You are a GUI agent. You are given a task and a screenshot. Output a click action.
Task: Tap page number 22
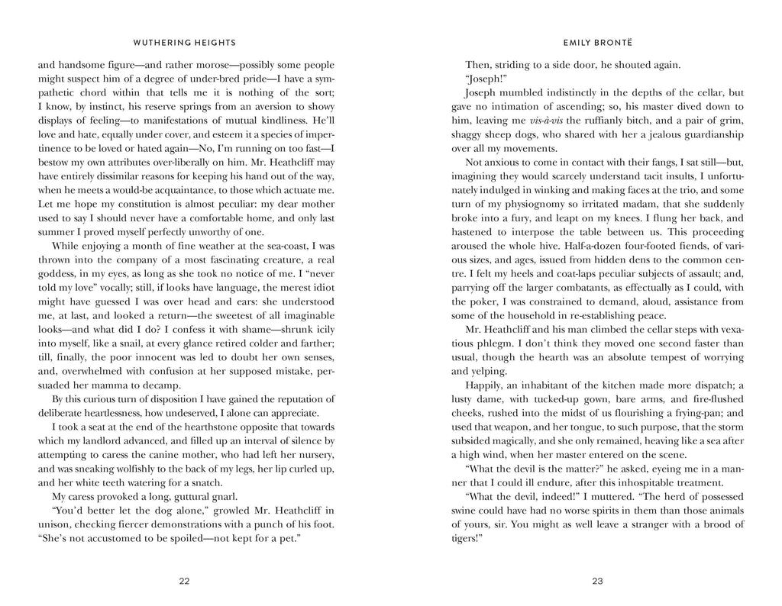pyautogui.click(x=184, y=581)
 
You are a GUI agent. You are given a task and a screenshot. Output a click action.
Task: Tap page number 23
pyautogui.click(x=597, y=581)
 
